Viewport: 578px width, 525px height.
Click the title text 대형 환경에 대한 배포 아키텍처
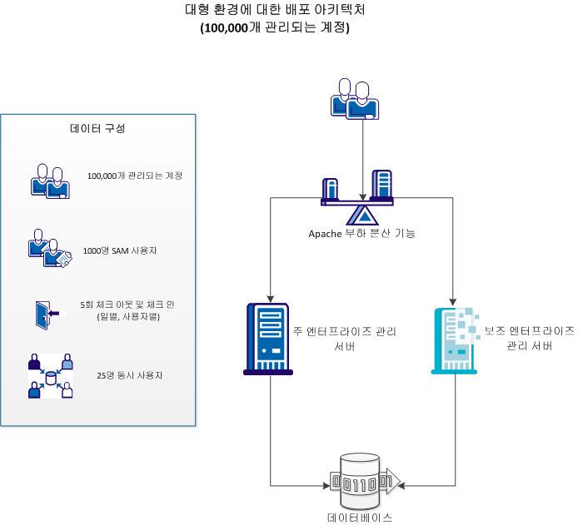pyautogui.click(x=275, y=11)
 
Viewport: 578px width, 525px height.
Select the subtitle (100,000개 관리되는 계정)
pyautogui.click(x=275, y=27)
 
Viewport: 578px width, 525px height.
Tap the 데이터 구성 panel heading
pyautogui.click(x=97, y=128)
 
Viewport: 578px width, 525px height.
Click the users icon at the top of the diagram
pyautogui.click(x=355, y=101)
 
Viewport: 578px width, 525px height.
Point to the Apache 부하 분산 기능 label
pyautogui.click(x=361, y=233)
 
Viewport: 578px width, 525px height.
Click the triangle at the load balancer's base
pyautogui.click(x=362, y=215)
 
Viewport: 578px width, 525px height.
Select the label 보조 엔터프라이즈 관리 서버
pyautogui.click(x=529, y=338)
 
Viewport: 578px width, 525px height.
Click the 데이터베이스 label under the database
pyautogui.click(x=360, y=517)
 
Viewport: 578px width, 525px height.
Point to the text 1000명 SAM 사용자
pyautogui.click(x=121, y=250)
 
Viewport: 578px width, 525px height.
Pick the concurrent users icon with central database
pyautogui.click(x=51, y=375)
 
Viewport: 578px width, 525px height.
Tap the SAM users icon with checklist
pyautogui.click(x=49, y=249)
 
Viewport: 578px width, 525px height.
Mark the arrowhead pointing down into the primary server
pyautogui.click(x=269, y=297)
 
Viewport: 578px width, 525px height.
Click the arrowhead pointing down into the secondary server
pyautogui.click(x=455, y=298)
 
